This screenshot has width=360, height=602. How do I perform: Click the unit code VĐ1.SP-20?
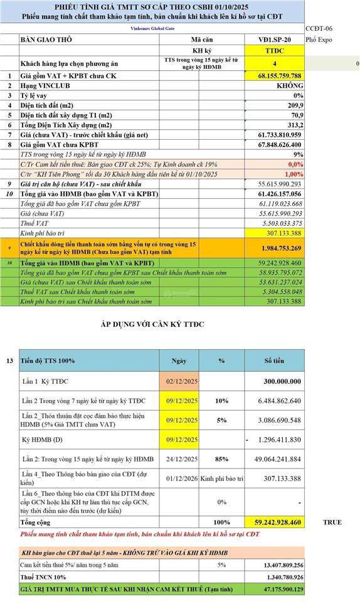(274, 40)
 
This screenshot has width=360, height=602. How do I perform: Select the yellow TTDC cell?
(274, 51)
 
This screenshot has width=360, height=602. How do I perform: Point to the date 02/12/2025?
(182, 381)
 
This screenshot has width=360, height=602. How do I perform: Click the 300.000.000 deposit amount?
(274, 381)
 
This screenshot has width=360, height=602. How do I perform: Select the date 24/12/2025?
(182, 458)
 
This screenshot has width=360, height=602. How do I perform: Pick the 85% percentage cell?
(221, 458)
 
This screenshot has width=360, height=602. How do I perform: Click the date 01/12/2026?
(182, 478)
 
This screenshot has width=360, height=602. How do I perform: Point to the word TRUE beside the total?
(332, 522)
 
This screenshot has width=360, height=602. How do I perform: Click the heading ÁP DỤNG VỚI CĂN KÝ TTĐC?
(153, 324)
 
